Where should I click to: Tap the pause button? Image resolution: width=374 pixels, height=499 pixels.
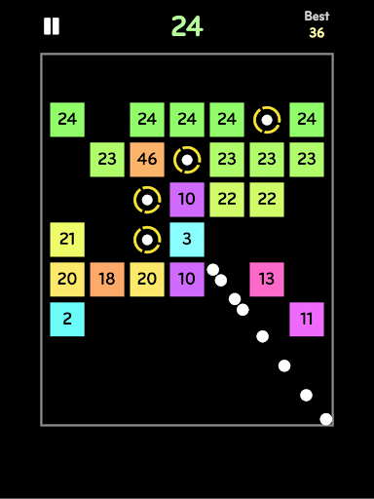(x=52, y=26)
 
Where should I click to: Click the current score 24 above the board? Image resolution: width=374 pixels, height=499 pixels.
(x=187, y=26)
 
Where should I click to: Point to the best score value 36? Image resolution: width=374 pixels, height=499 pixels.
(x=317, y=33)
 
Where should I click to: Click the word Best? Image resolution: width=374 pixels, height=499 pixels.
(x=317, y=16)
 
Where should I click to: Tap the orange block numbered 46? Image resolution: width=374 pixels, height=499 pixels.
(x=147, y=160)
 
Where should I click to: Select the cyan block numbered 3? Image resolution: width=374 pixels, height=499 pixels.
(x=187, y=240)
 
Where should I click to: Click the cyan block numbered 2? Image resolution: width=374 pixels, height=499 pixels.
(x=67, y=320)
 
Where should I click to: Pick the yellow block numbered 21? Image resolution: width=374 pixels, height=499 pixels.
(x=67, y=240)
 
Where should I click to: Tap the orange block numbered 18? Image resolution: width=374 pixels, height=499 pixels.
(x=107, y=280)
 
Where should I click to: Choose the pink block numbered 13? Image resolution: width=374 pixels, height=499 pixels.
(x=267, y=280)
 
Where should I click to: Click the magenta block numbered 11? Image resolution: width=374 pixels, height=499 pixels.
(x=307, y=320)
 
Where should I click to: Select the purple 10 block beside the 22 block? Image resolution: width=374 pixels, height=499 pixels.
(x=187, y=200)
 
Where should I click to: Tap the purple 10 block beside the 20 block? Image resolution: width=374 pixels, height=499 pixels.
(x=187, y=280)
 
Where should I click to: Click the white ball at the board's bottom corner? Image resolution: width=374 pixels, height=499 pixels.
(x=326, y=419)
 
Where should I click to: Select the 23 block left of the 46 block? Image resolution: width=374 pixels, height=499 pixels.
(x=107, y=160)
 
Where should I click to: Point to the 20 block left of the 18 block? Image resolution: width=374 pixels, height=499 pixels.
(x=67, y=280)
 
